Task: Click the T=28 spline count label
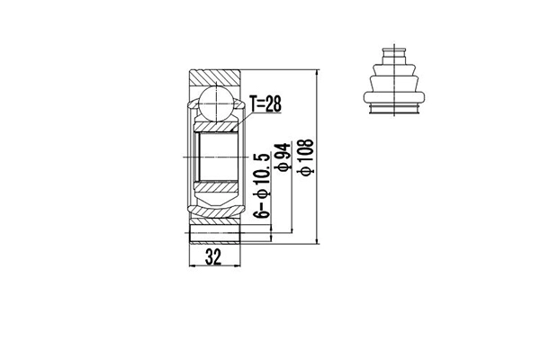pyautogui.click(x=266, y=105)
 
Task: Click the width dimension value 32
pyautogui.click(x=213, y=256)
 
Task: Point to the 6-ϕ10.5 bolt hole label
pyautogui.click(x=262, y=184)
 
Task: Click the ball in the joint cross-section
pyautogui.click(x=216, y=101)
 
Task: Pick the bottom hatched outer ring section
pyautogui.click(x=216, y=238)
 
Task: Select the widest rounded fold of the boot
pyautogui.click(x=394, y=93)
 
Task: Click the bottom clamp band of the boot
pyautogui.click(x=394, y=109)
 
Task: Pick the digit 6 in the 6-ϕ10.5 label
pyautogui.click(x=262, y=213)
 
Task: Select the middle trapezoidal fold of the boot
pyautogui.click(x=394, y=78)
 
